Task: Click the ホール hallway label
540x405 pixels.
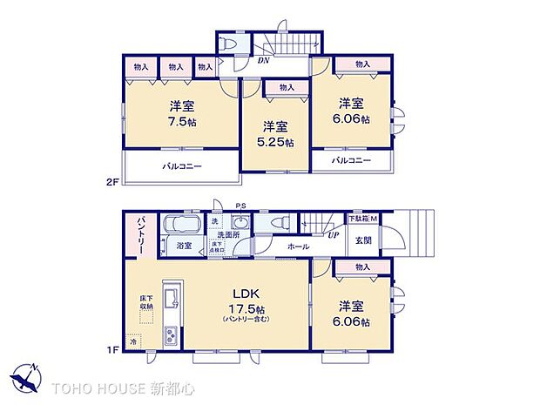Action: [x=299, y=246]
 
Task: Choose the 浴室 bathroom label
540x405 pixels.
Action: [x=184, y=246]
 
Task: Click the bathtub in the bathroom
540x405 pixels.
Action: [x=182, y=223]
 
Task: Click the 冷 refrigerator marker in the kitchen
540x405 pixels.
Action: [x=133, y=342]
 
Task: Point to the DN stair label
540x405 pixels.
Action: [x=262, y=61]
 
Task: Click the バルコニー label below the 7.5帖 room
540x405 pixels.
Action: [x=180, y=165]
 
